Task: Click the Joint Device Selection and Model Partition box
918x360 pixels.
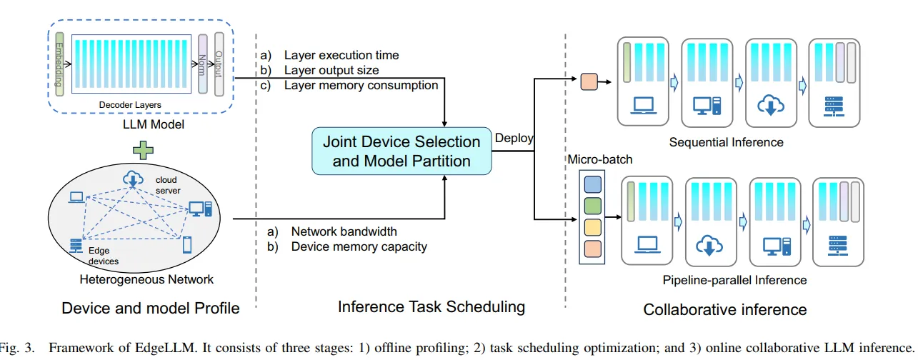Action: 402,151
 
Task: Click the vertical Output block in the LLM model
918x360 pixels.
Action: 219,65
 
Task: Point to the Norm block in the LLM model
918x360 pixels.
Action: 203,65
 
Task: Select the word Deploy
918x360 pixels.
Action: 514,138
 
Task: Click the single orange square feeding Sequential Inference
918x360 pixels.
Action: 589,82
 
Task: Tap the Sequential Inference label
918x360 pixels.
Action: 726,142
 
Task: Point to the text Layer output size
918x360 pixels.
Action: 331,70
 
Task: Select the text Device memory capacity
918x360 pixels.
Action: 359,246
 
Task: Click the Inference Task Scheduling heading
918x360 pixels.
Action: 431,307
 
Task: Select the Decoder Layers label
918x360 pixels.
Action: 130,105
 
